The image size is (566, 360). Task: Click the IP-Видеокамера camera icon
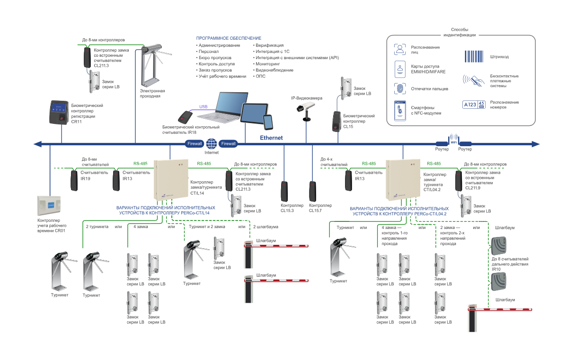pyautogui.click(x=305, y=108)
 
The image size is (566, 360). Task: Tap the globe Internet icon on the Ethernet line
pyautogui.click(x=212, y=143)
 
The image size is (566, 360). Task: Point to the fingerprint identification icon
pyautogui.click(x=400, y=88)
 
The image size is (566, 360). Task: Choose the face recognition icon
pyautogui.click(x=400, y=50)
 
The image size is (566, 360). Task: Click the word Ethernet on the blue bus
pyautogui.click(x=271, y=138)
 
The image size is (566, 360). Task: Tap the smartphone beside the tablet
pyautogui.click(x=268, y=122)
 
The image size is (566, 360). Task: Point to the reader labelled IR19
pyautogui.click(x=74, y=181)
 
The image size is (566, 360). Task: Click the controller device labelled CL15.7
pyautogui.click(x=312, y=191)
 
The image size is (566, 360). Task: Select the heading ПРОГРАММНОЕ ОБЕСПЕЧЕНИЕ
pyautogui.click(x=229, y=38)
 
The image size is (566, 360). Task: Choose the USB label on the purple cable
pyautogui.click(x=203, y=106)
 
